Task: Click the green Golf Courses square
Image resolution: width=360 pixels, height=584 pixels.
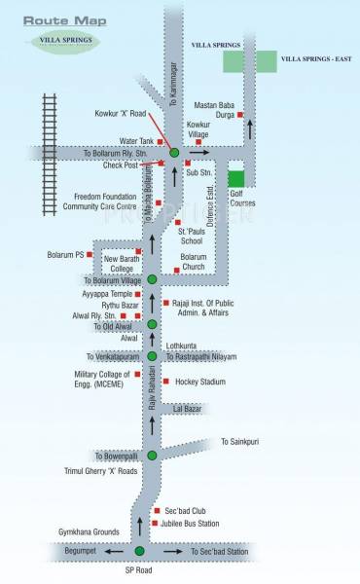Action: (x=235, y=178)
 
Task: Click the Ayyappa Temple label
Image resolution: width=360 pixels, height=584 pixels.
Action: (x=106, y=293)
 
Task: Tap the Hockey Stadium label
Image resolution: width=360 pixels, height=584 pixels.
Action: (x=199, y=354)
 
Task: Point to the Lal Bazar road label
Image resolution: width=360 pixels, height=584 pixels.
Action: (x=191, y=382)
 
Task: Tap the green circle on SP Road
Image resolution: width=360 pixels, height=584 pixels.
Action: (x=139, y=552)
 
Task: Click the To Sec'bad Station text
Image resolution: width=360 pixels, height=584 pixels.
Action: (x=221, y=552)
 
